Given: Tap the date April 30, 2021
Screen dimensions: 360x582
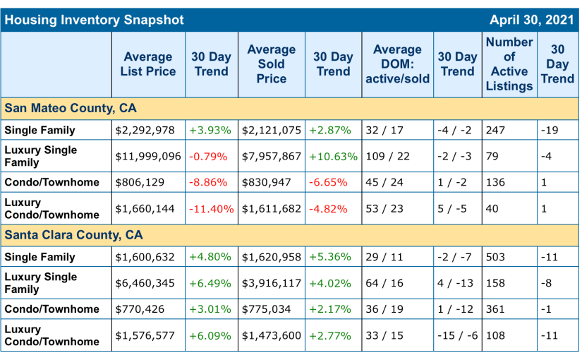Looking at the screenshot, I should [x=533, y=20].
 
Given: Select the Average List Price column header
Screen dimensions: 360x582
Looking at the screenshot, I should [x=148, y=64].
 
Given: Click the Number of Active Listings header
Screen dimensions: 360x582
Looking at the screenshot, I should [x=509, y=64].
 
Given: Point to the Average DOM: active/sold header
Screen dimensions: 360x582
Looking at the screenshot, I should [x=397, y=64].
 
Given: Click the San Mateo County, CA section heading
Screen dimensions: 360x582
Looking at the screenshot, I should [x=71, y=108].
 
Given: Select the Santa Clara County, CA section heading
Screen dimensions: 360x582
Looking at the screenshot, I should [x=73, y=234].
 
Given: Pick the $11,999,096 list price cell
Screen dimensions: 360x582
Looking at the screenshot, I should [x=148, y=156].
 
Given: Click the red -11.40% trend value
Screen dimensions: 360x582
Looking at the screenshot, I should [x=212, y=209].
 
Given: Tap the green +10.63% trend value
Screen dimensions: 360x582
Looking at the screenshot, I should [x=333, y=156].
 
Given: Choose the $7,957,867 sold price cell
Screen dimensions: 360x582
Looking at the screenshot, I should [x=272, y=156].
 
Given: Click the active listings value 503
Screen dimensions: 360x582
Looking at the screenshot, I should [x=496, y=257].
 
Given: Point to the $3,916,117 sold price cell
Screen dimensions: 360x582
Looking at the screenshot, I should [x=272, y=283].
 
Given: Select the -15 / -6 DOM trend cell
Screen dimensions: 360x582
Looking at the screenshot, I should [x=456, y=336].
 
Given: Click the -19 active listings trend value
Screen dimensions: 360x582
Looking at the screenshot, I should [x=550, y=130].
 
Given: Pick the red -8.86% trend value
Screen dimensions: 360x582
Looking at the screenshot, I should [x=209, y=182].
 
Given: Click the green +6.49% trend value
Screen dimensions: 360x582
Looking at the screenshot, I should [x=210, y=283].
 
